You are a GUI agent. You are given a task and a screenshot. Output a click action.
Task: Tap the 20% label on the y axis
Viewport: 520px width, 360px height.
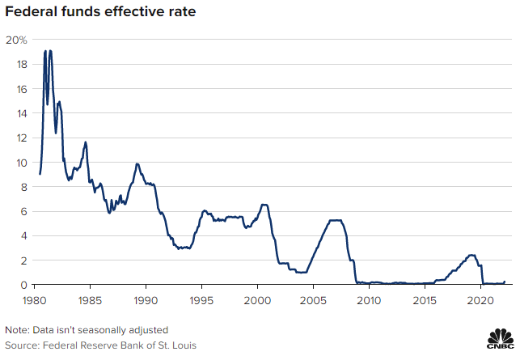16,39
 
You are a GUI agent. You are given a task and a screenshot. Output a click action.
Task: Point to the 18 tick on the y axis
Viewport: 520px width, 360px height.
22,64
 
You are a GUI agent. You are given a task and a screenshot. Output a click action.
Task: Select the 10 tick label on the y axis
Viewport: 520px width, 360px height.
22,162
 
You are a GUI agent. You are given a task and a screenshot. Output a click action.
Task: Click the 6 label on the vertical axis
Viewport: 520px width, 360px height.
24,211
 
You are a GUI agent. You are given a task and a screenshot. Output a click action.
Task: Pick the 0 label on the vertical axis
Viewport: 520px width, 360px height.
24,285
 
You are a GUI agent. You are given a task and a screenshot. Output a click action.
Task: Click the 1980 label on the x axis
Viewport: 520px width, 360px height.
34,300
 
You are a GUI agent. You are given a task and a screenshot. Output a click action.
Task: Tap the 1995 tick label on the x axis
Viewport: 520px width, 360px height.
201,300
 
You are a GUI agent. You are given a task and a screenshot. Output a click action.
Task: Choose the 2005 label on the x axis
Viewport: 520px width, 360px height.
313,300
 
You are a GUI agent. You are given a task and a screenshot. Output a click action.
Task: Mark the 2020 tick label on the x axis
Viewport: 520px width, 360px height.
480,300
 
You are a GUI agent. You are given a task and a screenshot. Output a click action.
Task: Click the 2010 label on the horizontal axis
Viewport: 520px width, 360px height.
369,300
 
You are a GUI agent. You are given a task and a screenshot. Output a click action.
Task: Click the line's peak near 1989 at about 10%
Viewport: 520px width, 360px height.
137,163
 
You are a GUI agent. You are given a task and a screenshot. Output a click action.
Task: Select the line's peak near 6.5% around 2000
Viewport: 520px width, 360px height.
264,204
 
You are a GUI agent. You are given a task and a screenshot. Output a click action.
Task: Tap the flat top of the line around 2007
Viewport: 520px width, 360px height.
336,220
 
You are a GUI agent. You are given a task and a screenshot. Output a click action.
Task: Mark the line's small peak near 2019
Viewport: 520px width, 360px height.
471,255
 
